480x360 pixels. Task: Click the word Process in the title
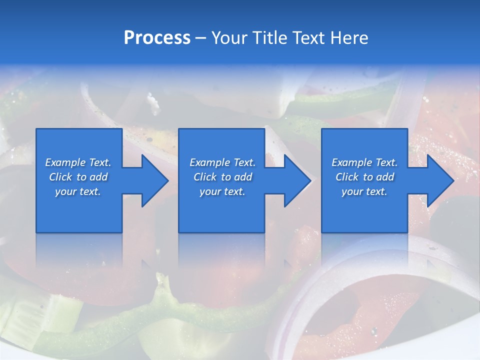point(157,38)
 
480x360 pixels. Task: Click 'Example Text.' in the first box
point(78,162)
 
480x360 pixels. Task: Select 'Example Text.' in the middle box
point(222,162)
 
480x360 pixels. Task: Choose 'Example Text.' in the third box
point(364,162)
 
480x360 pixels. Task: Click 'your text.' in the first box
point(78,191)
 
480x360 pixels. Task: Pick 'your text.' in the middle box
point(222,191)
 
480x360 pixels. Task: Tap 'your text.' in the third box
point(364,191)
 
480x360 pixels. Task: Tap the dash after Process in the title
point(200,38)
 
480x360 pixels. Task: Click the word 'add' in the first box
point(98,177)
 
